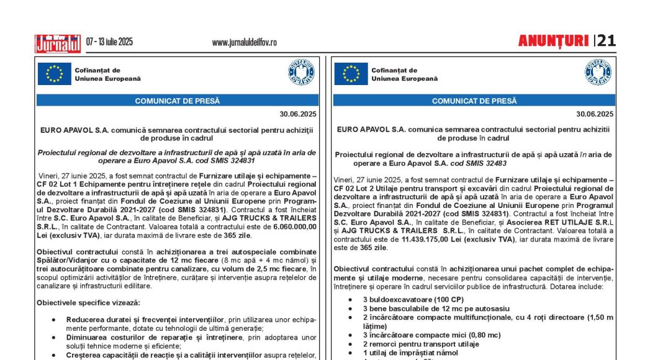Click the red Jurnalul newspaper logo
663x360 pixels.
[x=58, y=43]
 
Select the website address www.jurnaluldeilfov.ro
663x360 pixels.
[x=244, y=43]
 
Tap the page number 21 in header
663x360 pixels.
[x=607, y=41]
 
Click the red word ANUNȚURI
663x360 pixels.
[x=553, y=41]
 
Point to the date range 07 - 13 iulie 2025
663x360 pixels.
[x=109, y=42]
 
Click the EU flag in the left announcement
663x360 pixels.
[x=54, y=74]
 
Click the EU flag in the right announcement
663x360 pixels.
[x=351, y=74]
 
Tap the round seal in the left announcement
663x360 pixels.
[x=301, y=73]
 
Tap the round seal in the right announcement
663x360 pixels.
[x=598, y=73]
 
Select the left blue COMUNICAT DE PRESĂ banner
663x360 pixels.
[x=178, y=101]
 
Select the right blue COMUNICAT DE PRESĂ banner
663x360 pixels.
[x=474, y=101]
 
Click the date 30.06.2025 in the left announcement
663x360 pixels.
[x=298, y=114]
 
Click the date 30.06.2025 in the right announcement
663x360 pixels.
[x=595, y=114]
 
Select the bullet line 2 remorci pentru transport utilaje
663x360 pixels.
[x=421, y=344]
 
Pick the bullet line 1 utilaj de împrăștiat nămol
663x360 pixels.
[x=410, y=353]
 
